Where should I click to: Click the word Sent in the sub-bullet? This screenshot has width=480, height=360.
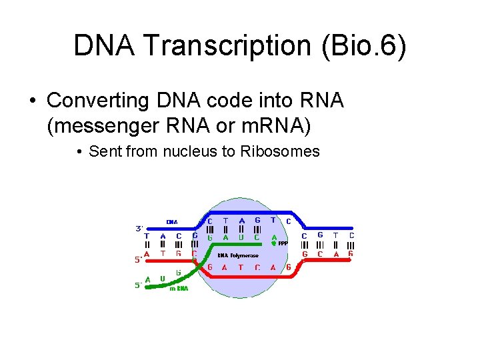tap(103, 151)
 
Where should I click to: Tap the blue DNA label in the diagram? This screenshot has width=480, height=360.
tap(172, 222)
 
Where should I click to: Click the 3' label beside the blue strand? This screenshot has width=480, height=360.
tap(139, 228)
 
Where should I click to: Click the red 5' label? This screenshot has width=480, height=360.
tap(138, 260)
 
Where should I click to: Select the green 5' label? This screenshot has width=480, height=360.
tap(138, 286)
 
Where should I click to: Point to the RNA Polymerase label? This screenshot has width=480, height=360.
tap(238, 255)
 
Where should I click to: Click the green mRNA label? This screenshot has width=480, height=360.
tap(179, 289)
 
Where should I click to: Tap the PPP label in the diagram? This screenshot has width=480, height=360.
tap(283, 243)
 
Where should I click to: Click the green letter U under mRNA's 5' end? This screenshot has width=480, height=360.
tap(162, 279)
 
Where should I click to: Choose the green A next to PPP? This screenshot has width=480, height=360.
tap(274, 237)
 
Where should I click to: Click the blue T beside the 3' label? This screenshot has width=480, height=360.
tap(147, 235)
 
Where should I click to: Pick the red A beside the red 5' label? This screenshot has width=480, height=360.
tap(147, 254)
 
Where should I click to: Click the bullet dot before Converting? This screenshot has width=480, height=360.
tap(32, 101)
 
